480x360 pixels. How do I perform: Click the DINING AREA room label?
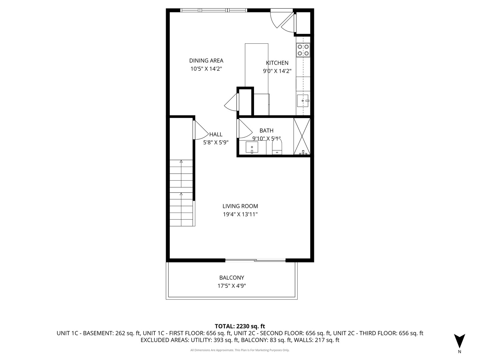point(206,61)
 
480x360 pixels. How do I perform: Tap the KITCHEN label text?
point(277,63)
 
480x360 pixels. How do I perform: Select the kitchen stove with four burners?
point(303,50)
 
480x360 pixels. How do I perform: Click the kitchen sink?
point(303,101)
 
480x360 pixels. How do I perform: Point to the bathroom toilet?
point(277,146)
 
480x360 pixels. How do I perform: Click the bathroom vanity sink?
point(252,147)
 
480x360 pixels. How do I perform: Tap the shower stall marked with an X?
point(302,136)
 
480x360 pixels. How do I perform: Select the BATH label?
point(266,130)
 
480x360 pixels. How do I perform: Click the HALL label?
point(216,134)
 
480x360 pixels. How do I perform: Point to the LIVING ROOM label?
point(240,206)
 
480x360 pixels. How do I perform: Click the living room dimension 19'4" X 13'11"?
point(240,214)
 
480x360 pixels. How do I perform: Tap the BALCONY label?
point(232,278)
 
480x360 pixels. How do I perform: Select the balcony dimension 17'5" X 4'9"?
point(232,286)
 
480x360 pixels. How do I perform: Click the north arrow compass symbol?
point(459,341)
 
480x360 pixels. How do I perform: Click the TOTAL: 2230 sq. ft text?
point(240,326)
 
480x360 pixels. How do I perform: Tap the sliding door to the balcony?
point(255,260)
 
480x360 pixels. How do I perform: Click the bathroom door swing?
point(244,129)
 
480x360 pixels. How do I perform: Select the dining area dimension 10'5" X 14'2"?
point(206,69)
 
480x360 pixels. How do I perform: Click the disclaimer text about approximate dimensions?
point(240,350)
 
